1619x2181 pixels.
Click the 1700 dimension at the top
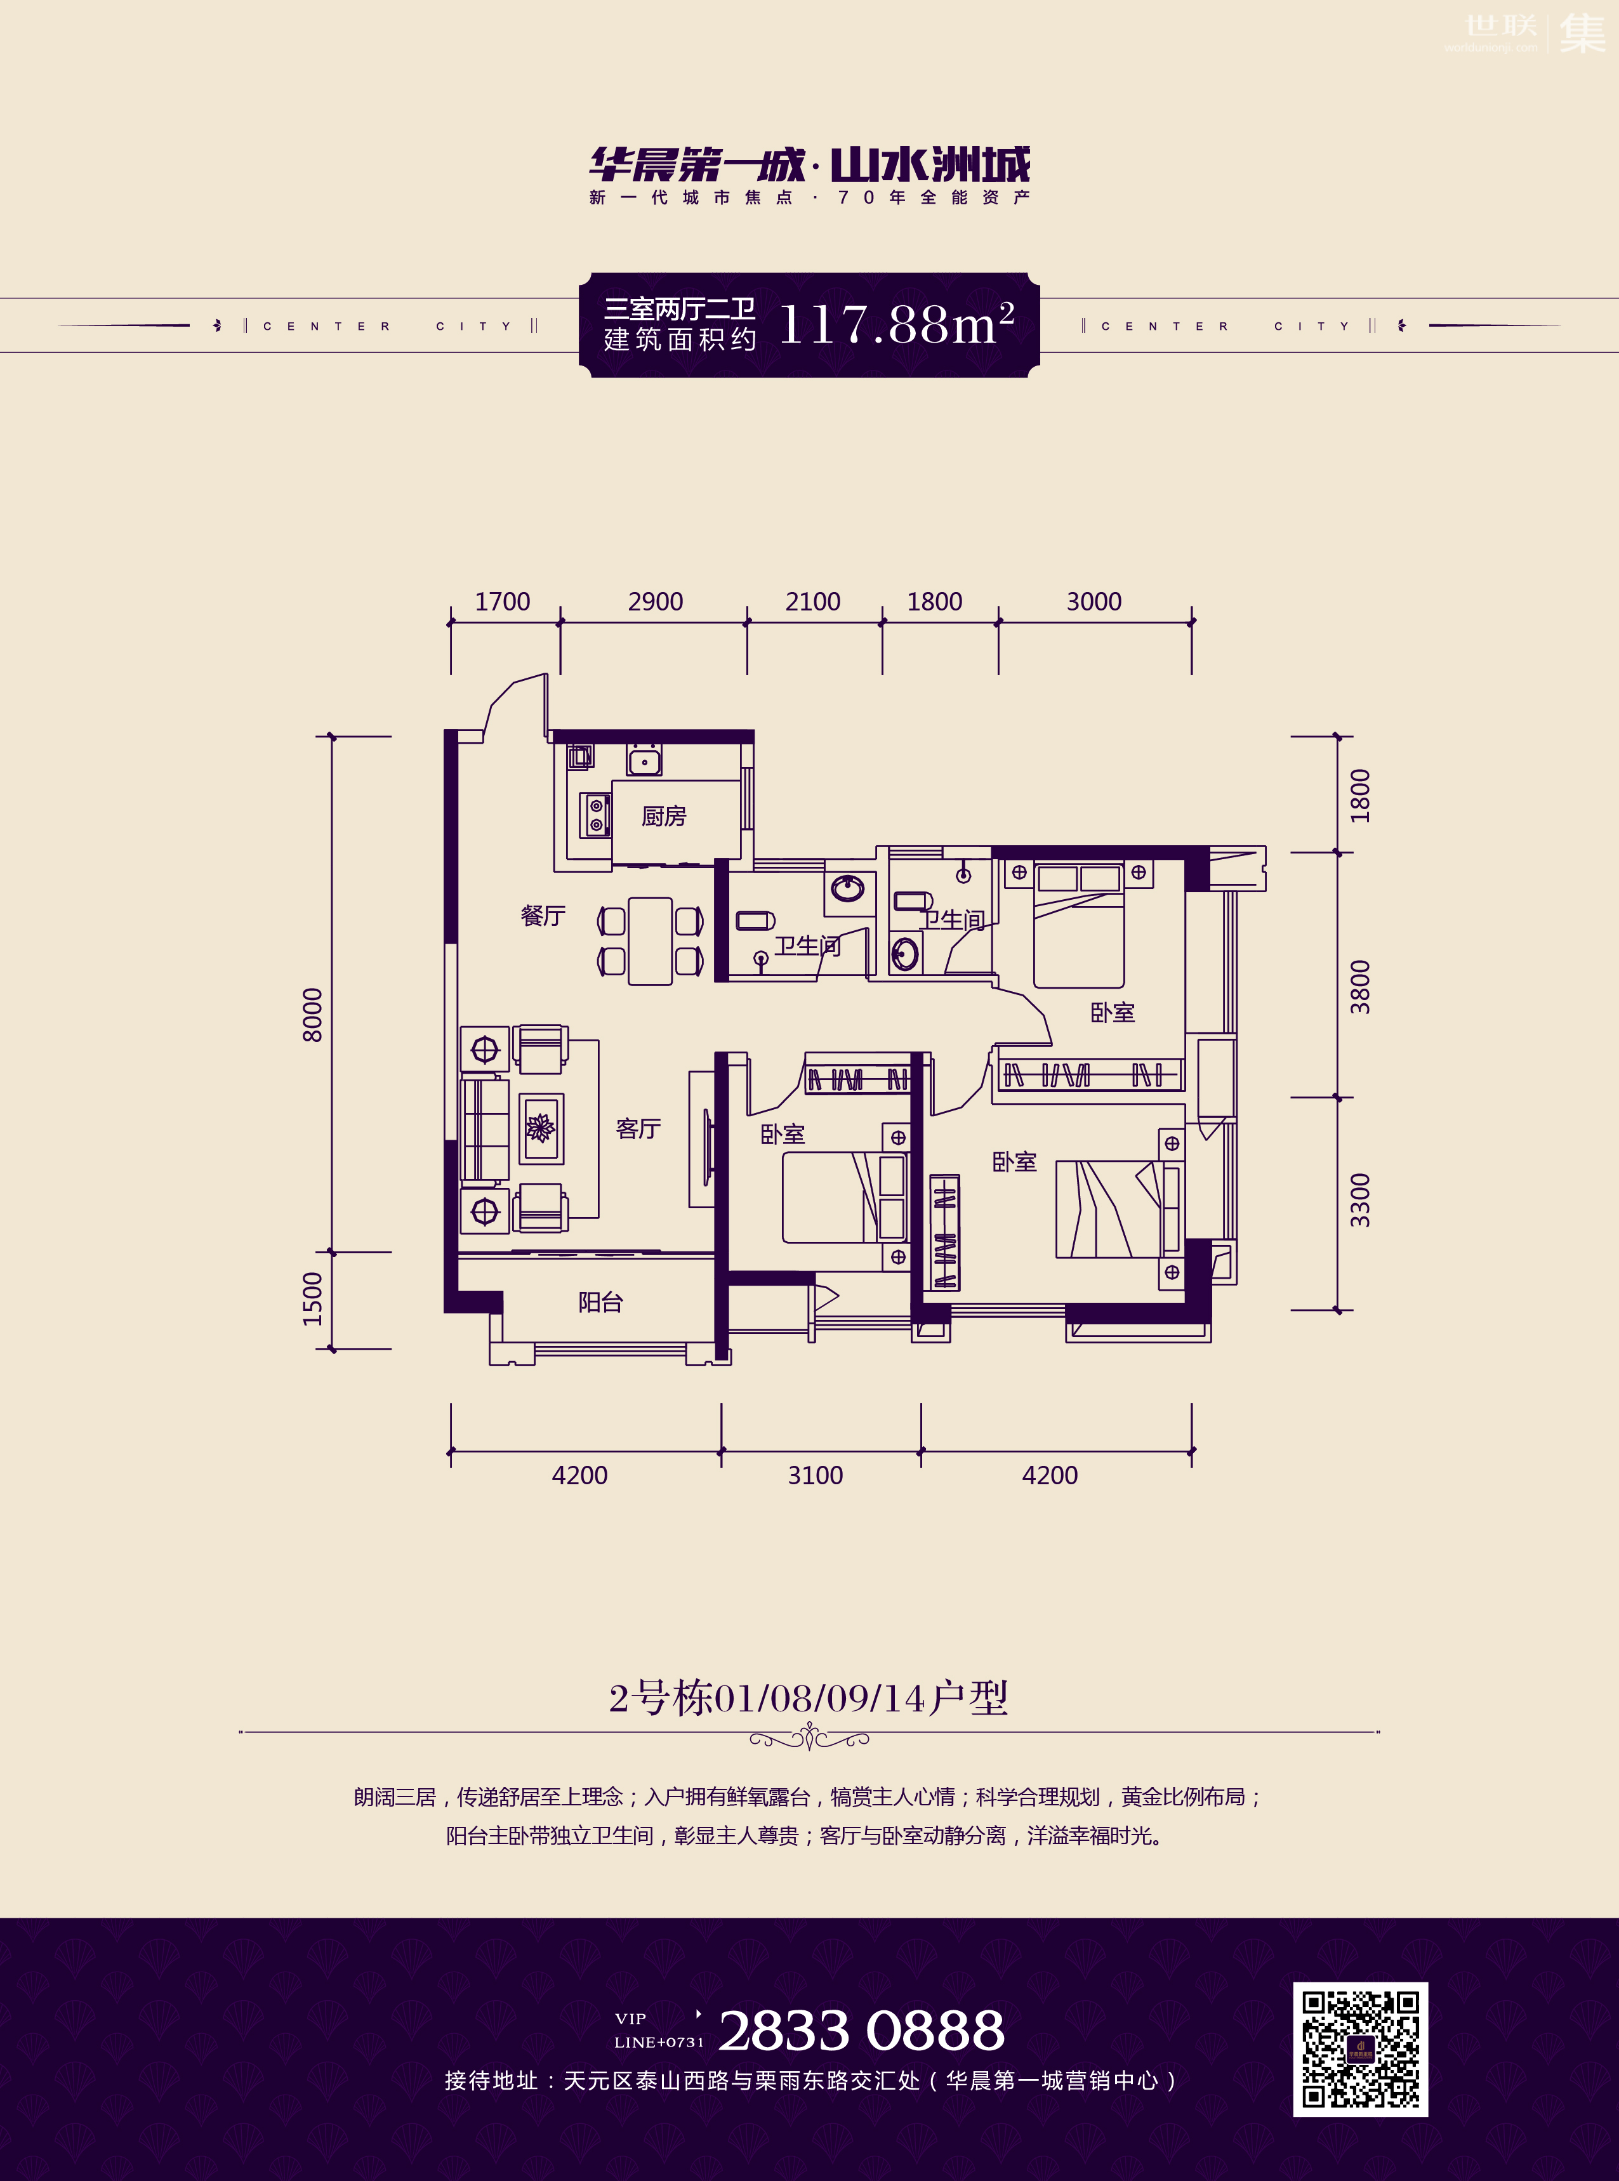tap(503, 602)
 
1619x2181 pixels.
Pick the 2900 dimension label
tap(656, 602)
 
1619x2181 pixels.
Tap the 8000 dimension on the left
tap(312, 1015)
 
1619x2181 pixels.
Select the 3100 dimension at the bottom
tap(816, 1475)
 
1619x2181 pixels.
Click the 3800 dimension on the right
tap(1360, 987)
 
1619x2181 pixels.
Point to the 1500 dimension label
tap(312, 1299)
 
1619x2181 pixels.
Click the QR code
tap(1360, 2049)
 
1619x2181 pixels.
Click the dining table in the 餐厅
tap(650, 940)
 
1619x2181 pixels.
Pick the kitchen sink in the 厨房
tap(644, 760)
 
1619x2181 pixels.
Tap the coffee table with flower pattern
tap(541, 1128)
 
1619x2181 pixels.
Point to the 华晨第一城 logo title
tap(697, 164)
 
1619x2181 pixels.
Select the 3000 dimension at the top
tap(1094, 602)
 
